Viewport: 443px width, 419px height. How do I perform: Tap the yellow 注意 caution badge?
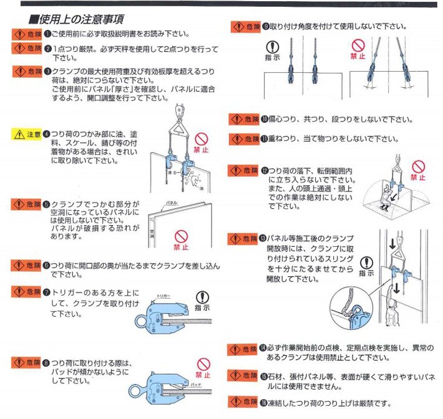tap(27, 134)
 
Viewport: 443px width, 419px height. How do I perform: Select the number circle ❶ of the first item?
tap(47, 33)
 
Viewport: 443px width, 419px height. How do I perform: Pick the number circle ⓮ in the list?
tap(264, 348)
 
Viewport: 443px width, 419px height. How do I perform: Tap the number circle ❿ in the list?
tap(264, 119)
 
